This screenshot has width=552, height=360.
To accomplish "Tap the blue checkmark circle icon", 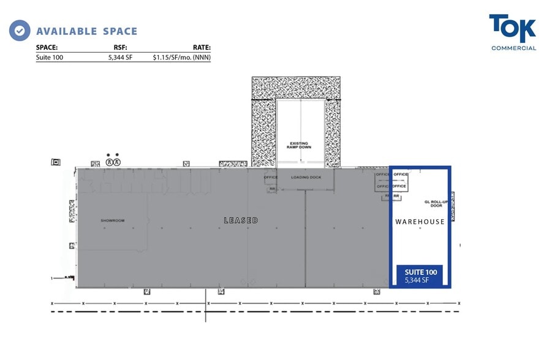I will coord(20,30).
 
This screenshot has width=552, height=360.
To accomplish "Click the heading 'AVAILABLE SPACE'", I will coord(86,31).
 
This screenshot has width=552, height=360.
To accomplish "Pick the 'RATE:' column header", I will coord(201,47).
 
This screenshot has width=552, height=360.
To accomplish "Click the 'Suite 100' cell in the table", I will coord(50,58).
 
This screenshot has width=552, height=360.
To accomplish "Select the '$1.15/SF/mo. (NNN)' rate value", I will coord(182,58).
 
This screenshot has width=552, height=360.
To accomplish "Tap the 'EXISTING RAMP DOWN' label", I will coord(300,146).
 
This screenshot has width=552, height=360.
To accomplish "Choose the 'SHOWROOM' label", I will coord(113,220).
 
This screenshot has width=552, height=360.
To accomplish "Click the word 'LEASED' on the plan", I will coord(241,220).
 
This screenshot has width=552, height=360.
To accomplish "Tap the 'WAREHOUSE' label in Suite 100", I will coord(420,222).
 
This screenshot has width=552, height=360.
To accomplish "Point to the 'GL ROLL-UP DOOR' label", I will coord(432,203).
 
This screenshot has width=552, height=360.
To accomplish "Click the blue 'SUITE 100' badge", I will coord(420,275).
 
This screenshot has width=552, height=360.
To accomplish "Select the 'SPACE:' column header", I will coord(47,47).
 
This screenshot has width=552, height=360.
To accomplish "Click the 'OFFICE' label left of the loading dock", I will coord(270,178).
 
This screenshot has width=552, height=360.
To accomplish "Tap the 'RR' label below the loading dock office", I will coord(271,189).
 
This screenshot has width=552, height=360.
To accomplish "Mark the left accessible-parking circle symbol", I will coord(109,162).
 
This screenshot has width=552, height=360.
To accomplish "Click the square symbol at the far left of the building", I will coord(56,162).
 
